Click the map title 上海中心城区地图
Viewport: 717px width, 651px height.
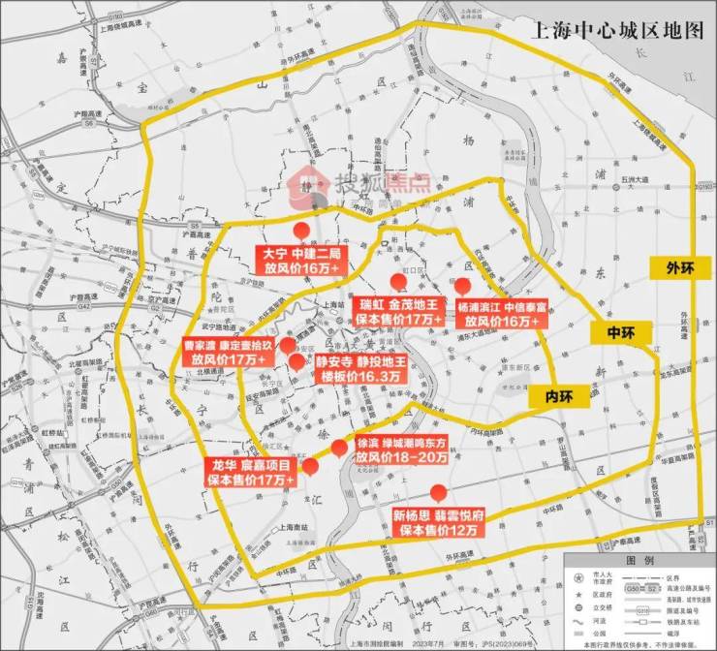pos(611,30)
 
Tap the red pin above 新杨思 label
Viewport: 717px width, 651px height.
pos(438,491)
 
